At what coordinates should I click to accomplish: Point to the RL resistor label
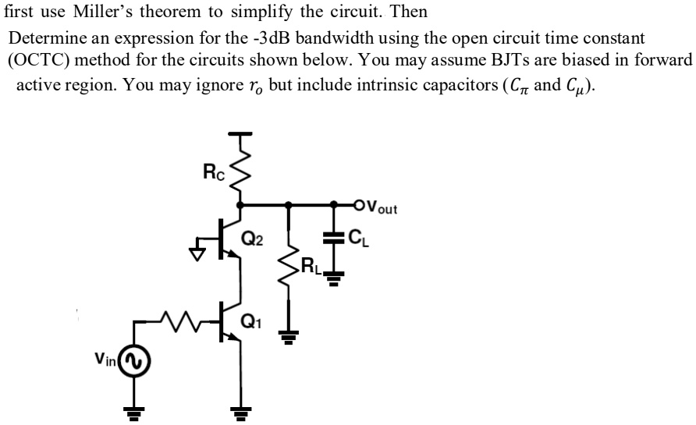coord(311,271)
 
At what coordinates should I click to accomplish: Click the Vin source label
coord(106,359)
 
